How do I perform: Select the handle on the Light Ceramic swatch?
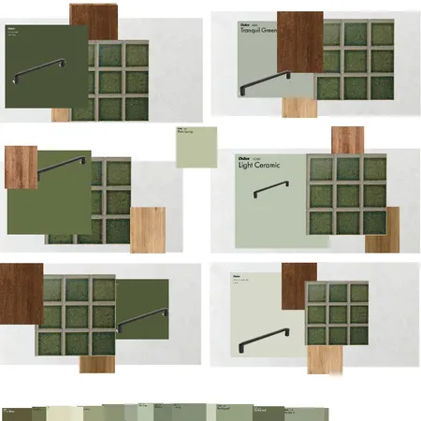tap(270, 191)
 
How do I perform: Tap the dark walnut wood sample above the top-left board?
tap(94, 16)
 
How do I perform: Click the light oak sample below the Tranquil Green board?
tap(299, 108)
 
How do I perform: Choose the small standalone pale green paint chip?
tap(196, 147)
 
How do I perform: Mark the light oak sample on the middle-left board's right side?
tap(148, 229)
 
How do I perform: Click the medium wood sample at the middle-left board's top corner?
tap(21, 164)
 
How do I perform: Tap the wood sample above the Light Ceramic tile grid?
tap(347, 139)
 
